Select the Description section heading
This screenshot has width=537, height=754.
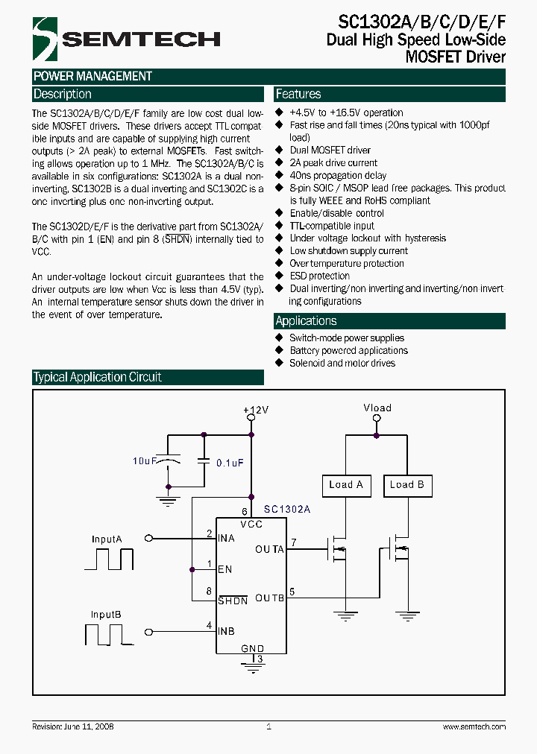click(x=63, y=95)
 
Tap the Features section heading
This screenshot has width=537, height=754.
click(x=298, y=95)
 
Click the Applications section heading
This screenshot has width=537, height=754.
click(x=306, y=321)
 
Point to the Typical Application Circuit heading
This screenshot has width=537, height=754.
click(x=97, y=377)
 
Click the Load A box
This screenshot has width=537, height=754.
click(x=345, y=485)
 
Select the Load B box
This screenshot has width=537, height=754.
click(x=406, y=485)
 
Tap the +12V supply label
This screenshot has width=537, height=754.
click(x=256, y=411)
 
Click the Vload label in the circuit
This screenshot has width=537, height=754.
click(x=377, y=408)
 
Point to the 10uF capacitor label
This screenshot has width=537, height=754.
click(x=145, y=462)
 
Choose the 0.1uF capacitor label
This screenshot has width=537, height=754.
click(x=230, y=463)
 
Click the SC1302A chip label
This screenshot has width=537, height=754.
click(x=287, y=510)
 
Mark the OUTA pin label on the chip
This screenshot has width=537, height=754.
click(x=269, y=550)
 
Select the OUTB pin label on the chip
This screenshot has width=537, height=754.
click(x=269, y=598)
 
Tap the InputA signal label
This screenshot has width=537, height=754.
click(x=107, y=539)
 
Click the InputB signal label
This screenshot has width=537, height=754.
click(x=107, y=615)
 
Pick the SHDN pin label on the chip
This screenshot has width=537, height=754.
click(x=232, y=600)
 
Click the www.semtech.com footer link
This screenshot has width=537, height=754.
click(x=474, y=726)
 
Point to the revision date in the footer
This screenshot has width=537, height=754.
click(x=73, y=726)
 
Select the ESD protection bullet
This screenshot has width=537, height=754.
click(x=319, y=276)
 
